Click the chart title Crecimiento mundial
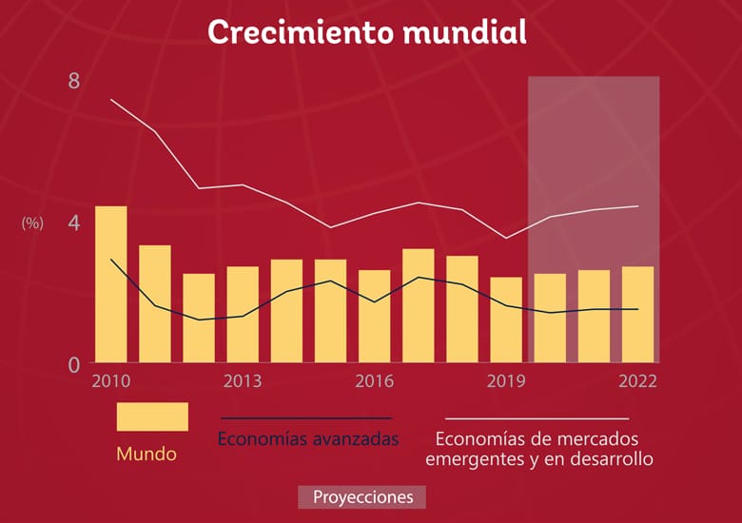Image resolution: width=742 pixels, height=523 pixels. pos(366,31)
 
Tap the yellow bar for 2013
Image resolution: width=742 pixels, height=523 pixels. pos(243,314)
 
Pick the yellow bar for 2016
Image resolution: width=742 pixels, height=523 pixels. pos(374,316)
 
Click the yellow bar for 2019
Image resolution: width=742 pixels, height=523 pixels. pos(506,320)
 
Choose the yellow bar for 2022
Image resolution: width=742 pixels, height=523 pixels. pos(637,314)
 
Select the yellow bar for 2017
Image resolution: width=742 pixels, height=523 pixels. pos(419,305)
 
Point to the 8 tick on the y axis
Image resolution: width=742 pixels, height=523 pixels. pos(74,82)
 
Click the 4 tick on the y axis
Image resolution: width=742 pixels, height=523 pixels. pos(74,223)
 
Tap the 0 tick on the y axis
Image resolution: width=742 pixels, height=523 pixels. pos(74,363)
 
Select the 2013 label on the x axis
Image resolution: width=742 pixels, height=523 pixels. pos(243,381)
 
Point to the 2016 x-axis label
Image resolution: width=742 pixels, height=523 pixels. pos(375,381)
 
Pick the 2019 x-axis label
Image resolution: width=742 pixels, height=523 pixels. pos(506,381)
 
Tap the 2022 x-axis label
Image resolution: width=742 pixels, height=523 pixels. pos(637,381)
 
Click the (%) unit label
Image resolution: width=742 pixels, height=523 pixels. pos(32,223)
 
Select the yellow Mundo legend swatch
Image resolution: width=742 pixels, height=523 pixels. pos(152,416)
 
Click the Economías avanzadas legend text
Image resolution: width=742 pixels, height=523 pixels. pos(307,439)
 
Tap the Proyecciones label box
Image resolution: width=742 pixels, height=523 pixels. pos(361,497)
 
